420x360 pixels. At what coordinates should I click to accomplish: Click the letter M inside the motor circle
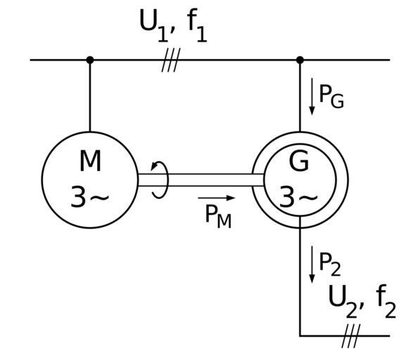click(90, 161)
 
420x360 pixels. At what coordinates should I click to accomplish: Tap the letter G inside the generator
click(299, 161)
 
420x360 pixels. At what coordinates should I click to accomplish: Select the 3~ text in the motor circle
click(90, 197)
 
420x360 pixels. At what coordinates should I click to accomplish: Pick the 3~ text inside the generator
click(298, 197)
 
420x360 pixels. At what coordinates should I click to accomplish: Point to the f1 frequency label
click(197, 26)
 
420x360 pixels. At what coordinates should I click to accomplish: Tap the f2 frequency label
click(386, 302)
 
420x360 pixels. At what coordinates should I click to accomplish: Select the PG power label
click(331, 96)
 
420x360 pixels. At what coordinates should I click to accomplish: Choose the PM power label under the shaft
click(218, 217)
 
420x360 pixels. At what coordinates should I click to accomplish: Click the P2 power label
click(330, 264)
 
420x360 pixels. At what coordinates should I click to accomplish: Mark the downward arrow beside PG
click(312, 96)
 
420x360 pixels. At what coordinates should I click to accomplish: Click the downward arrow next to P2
click(312, 264)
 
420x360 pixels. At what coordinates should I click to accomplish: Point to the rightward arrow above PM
click(217, 198)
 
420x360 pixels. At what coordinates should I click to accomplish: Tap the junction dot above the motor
click(90, 60)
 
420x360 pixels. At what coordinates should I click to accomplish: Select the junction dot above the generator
click(300, 60)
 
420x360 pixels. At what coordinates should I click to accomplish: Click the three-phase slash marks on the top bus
click(171, 60)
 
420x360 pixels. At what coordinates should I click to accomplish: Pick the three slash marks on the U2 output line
click(351, 335)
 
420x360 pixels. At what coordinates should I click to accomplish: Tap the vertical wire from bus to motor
click(90, 96)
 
